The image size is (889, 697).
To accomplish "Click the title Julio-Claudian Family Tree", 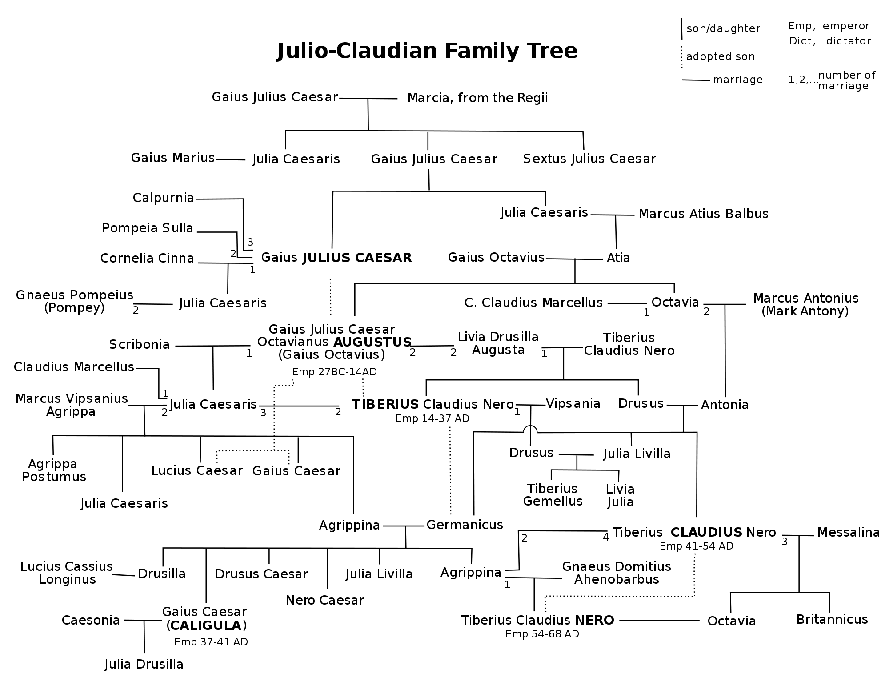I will (x=426, y=51).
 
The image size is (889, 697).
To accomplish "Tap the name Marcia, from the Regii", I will (x=477, y=98).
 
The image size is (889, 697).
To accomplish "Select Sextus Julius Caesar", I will (x=589, y=159).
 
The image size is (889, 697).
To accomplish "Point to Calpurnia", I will (x=164, y=198).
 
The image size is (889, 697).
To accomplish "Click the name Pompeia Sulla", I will (x=148, y=228).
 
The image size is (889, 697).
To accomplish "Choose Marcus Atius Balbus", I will (x=703, y=214).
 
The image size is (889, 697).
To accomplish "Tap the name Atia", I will (x=618, y=258).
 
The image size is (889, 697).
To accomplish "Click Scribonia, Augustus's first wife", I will (x=139, y=344).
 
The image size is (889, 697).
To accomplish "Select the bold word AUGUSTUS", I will (x=372, y=342).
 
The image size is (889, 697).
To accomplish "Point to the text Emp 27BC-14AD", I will (x=334, y=372).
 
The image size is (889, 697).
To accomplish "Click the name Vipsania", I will (x=573, y=403).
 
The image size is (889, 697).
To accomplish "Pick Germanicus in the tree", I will (x=465, y=525).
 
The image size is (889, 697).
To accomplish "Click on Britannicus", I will (x=832, y=619).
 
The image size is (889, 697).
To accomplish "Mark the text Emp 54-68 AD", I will (x=542, y=634).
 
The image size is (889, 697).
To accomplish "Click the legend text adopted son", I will (x=720, y=56).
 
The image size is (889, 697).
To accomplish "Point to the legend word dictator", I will (x=848, y=41).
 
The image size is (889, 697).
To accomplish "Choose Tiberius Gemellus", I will (x=553, y=495).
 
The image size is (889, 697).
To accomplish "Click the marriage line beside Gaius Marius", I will (x=230, y=159).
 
